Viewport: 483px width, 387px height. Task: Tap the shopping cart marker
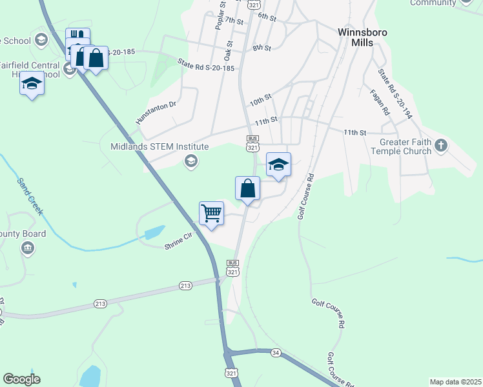(211, 213)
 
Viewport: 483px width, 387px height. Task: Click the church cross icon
(441, 145)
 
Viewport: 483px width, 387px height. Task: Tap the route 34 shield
(276, 352)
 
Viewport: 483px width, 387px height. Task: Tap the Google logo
(22, 379)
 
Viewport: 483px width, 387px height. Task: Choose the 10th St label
(260, 101)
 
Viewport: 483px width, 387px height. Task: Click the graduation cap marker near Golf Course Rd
(278, 164)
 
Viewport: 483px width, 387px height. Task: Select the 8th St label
(262, 48)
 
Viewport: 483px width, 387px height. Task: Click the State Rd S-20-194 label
(395, 94)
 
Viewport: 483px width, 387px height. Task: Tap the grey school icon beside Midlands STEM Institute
(190, 161)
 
